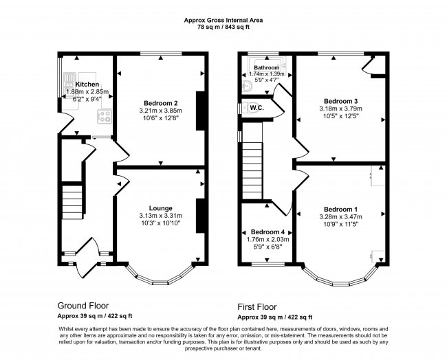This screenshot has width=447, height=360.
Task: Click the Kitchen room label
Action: pos(87,85)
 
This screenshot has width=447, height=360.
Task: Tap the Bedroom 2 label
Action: pos(161,103)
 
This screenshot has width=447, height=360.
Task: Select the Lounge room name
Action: pos(161,208)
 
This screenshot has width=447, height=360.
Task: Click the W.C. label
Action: pos(257,108)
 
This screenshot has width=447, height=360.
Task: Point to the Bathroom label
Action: pos(267,68)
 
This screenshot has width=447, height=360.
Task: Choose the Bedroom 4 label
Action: pos(268,232)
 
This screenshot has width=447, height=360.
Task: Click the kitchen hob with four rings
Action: pos(104,117)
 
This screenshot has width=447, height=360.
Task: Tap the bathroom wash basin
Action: pos(248,87)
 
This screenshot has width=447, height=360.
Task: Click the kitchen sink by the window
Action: pos(68,80)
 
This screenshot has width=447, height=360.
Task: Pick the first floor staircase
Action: pos(252,171)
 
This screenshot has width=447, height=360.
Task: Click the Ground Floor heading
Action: pos(83,306)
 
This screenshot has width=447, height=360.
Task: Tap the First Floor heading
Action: pos(257,306)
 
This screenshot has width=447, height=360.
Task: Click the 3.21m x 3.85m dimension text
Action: pos(161,111)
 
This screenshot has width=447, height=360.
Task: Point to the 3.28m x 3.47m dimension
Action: pos(341,216)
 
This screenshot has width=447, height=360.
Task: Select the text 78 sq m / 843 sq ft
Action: pos(223,27)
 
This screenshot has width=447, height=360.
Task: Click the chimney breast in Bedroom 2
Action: pos(201,111)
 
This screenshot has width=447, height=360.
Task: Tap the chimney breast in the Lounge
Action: pos(201,216)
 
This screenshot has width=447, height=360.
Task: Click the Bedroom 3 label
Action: pos(341,101)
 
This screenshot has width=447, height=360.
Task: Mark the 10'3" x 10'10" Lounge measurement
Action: pos(161,223)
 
